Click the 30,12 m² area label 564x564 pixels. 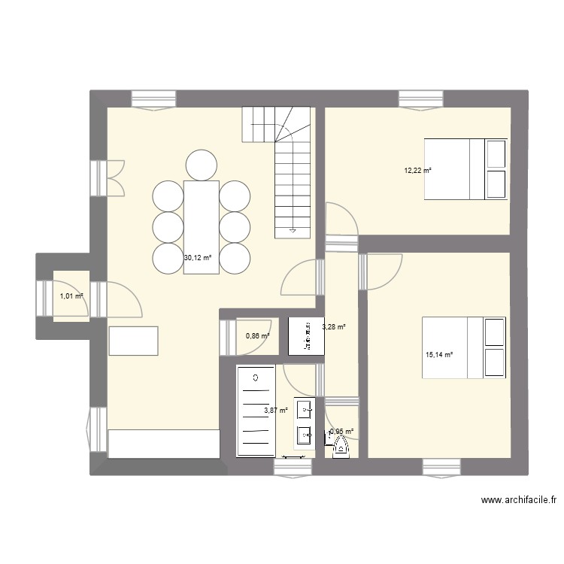click(x=198, y=258)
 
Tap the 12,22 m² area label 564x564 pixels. click(x=418, y=171)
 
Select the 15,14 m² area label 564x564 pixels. click(x=439, y=355)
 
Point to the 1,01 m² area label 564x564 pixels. click(x=71, y=296)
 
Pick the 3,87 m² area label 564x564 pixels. click(x=276, y=410)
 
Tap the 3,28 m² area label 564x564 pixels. click(x=334, y=327)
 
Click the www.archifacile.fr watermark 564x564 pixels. click(x=520, y=500)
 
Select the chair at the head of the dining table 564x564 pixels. click(x=201, y=165)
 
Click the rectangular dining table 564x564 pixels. click(x=201, y=227)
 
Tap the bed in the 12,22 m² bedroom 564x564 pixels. click(x=465, y=169)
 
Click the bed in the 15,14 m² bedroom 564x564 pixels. click(x=463, y=347)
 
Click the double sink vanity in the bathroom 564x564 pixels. click(x=305, y=422)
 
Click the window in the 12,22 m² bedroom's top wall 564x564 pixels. click(x=420, y=99)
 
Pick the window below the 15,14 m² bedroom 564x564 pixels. click(x=444, y=468)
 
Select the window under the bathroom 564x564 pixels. click(x=293, y=468)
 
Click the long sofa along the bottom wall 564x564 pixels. click(x=163, y=444)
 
